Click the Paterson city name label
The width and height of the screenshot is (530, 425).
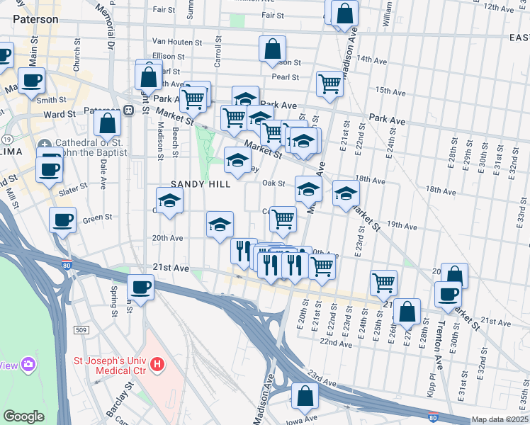tap(35, 19)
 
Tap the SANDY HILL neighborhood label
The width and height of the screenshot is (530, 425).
tap(201, 184)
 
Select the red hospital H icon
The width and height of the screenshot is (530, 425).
tap(158, 365)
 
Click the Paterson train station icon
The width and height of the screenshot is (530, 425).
tap(129, 110)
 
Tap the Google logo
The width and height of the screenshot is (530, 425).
tap(23, 416)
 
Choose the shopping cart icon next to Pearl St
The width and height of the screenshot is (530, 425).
tap(329, 83)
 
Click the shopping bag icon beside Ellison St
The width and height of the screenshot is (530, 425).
tap(273, 49)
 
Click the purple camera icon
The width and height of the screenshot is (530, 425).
tap(28, 365)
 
